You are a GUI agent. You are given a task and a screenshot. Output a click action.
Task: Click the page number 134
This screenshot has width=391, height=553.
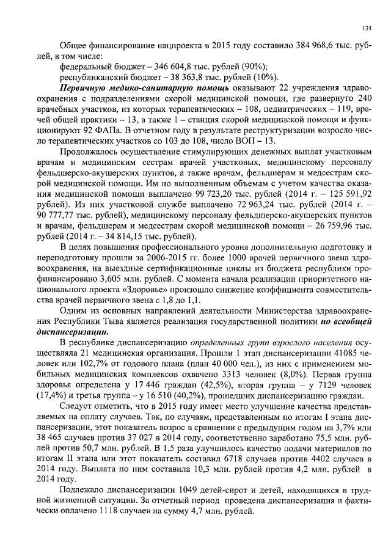[x=367, y=28]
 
